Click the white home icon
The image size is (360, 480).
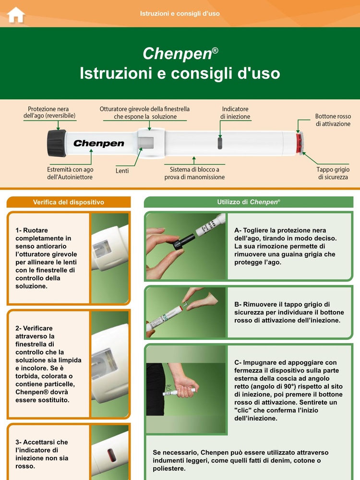[16, 14]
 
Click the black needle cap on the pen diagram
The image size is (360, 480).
[56, 143]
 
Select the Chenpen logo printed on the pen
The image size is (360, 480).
[98, 144]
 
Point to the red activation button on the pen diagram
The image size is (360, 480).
[299, 143]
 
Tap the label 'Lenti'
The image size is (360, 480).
[122, 170]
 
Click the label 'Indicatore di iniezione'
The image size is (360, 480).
[235, 113]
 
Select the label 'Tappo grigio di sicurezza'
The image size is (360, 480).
[333, 173]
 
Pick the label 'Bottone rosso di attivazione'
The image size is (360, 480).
[333, 120]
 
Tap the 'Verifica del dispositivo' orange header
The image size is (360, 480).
[68, 202]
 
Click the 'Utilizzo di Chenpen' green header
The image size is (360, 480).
[248, 202]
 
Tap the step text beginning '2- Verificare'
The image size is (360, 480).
[48, 363]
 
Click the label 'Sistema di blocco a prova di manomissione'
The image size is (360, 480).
[197, 173]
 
